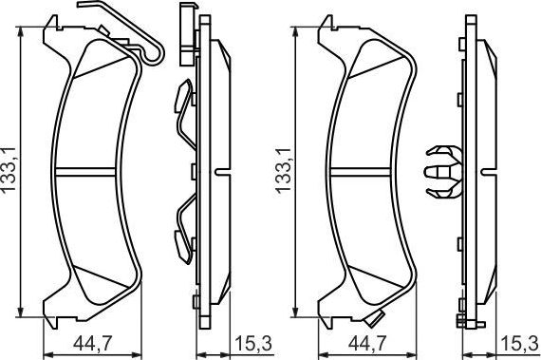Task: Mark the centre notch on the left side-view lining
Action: (x=224, y=172)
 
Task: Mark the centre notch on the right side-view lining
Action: (x=494, y=172)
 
